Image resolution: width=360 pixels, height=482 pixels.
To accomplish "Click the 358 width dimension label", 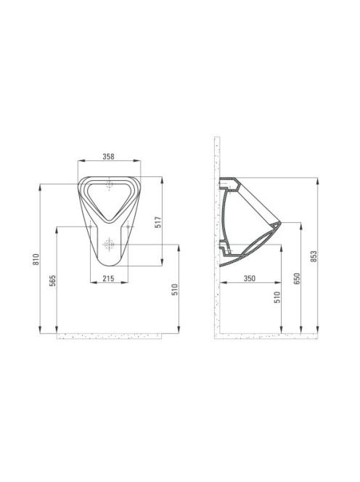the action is pos(108,157).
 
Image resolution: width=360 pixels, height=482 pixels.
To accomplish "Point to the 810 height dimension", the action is pos(36,259).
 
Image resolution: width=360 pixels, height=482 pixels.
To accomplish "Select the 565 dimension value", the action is pos(52,281).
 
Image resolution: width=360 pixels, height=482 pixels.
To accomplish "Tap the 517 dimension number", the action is pos(158,222).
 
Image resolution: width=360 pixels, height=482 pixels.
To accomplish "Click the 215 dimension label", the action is pos(108,279).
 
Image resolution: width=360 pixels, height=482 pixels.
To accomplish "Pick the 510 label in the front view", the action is pos(175,290).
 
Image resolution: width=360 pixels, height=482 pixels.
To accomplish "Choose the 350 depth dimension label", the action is pos(250,278).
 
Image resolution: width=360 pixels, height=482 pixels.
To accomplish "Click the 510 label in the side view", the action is pos(277,297).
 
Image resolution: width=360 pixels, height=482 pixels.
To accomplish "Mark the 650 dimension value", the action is pos(297,279).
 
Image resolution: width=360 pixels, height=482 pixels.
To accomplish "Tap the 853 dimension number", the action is pos(314,256).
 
